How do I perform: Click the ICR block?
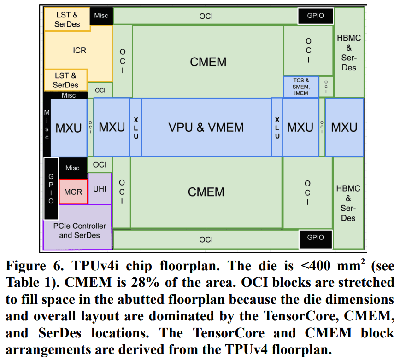79,50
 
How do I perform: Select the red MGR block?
73,192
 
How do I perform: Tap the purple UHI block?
100,189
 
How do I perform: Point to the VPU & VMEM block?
206,127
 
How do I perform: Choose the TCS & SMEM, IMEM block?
301,87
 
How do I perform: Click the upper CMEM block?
208,62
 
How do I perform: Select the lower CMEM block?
206,192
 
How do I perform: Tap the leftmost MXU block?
68,128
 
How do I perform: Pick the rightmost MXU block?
344,127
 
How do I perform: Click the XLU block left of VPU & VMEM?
136,128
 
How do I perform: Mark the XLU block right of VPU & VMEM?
277,128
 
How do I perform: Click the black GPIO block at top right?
315,16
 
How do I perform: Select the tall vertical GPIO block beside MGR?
51,189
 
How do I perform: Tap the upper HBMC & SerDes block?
348,52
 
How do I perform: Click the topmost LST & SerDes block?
66,19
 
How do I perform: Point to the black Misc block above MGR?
72,168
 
